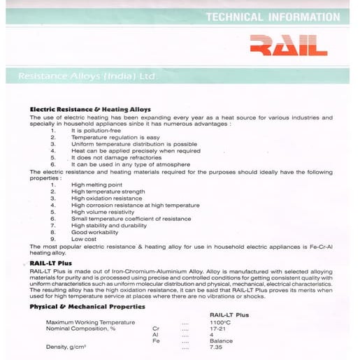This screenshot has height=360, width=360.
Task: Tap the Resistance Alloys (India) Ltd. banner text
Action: [x=87, y=75]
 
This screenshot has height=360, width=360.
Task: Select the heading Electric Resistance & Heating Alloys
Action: [x=89, y=110]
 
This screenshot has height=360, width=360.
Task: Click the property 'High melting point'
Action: [x=97, y=185]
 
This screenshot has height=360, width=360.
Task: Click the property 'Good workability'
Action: [x=96, y=232]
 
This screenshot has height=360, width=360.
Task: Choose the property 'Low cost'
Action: [x=84, y=239]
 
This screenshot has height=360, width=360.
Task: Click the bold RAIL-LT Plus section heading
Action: [x=51, y=263]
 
